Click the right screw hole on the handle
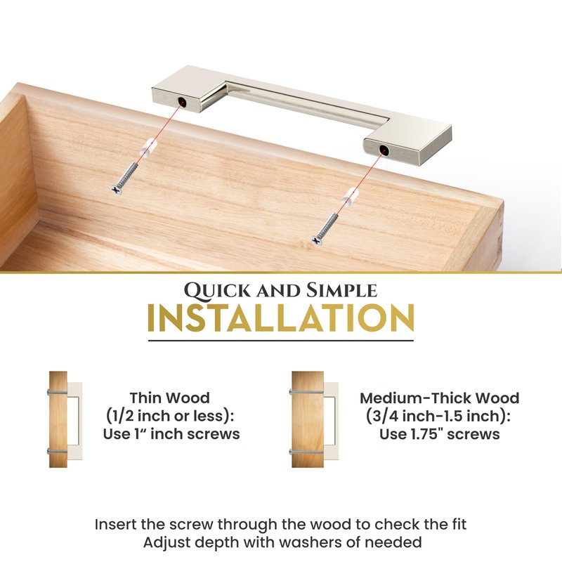pyautogui.click(x=384, y=150)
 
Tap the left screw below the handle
pyautogui.click(x=126, y=178)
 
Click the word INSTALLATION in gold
pyautogui.click(x=281, y=318)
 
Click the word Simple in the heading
pyautogui.click(x=341, y=290)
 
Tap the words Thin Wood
pyautogui.click(x=170, y=398)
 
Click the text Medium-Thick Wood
pyautogui.click(x=440, y=398)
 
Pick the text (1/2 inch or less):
pyautogui.click(x=170, y=416)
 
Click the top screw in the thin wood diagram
pyautogui.click(x=58, y=392)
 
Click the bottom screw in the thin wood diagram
pyautogui.click(x=58, y=451)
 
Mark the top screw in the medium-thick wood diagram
pyautogui.click(x=307, y=392)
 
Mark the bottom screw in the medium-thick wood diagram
pyautogui.click(x=307, y=452)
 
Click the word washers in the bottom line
pyautogui.click(x=311, y=542)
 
